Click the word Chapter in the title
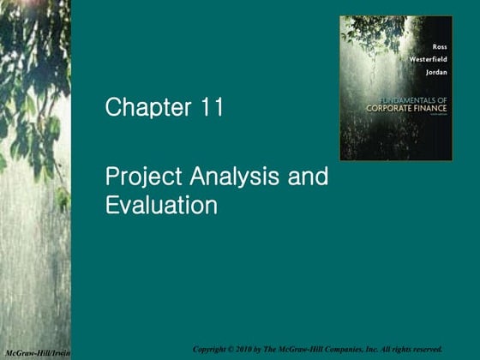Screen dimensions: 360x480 (148, 109)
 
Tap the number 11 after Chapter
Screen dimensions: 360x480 (210, 109)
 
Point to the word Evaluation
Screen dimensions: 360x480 (161, 206)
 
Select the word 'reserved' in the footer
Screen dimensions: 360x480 (424, 349)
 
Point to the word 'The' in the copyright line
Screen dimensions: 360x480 (279, 349)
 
